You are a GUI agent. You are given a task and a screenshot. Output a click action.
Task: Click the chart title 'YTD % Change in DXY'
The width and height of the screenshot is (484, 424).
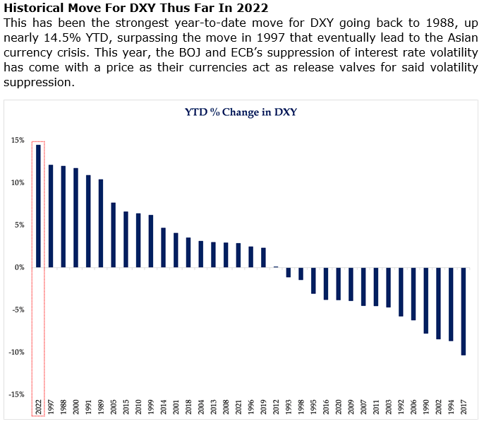tap(241, 112)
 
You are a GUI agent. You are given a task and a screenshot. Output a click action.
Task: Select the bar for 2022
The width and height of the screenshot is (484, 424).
tap(38, 206)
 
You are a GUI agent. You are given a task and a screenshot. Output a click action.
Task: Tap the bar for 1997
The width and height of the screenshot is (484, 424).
tap(51, 216)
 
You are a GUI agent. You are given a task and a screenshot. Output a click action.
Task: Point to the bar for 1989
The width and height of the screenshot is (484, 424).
tap(101, 223)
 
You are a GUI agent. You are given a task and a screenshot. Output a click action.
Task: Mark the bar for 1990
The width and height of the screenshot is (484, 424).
tap(425, 300)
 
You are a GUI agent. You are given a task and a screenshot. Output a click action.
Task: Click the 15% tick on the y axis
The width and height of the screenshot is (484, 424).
tap(17, 140)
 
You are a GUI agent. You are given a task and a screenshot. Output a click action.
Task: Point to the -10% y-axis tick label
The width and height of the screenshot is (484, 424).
tap(16, 352)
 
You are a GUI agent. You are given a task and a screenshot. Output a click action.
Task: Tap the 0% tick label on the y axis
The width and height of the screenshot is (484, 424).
tap(19, 267)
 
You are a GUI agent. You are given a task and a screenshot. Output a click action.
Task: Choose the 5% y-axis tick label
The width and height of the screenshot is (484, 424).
tap(19, 225)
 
